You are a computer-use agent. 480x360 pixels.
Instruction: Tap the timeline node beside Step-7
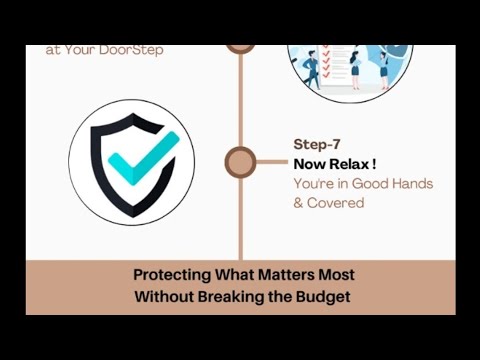(240, 161)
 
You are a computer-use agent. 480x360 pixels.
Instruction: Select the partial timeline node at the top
(240, 47)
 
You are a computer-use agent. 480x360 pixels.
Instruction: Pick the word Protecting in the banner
(173, 274)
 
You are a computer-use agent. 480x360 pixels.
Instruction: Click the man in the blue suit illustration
(313, 67)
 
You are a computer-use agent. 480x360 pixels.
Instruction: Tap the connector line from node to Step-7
(270, 161)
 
